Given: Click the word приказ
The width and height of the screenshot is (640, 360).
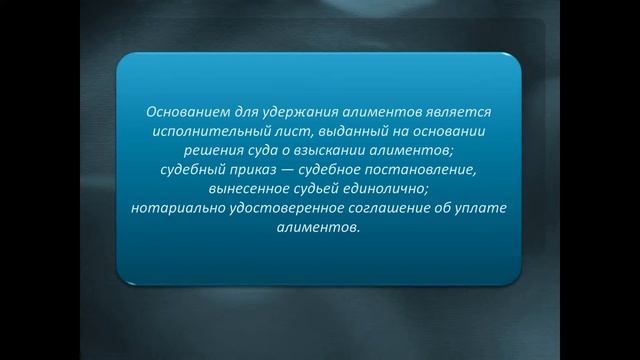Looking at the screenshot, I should pyautogui.click(x=255, y=169).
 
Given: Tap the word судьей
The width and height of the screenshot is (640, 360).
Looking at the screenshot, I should pyautogui.click(x=320, y=188).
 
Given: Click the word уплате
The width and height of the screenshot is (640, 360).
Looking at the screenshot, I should pyautogui.click(x=487, y=207).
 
